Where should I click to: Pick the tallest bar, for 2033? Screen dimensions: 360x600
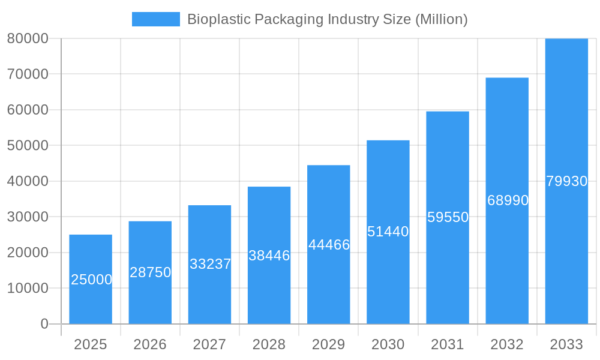tap(566, 120)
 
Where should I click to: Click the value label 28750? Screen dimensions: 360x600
tap(150, 272)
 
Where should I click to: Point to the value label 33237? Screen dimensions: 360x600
tap(210, 264)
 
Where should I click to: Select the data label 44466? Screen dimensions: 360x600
tap(329, 245)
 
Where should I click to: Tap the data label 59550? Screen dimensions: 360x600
tap(448, 217)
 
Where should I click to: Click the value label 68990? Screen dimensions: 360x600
tap(508, 200)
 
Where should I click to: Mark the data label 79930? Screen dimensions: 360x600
tap(566, 181)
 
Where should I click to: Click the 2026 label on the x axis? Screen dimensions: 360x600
tap(150, 344)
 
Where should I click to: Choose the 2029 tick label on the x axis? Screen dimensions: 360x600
tap(329, 344)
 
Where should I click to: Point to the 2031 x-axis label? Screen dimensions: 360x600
tap(448, 344)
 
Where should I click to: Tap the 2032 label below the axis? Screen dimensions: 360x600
tap(507, 344)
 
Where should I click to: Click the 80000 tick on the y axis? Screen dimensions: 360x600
tap(28, 38)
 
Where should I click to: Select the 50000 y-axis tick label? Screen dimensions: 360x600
tap(28, 145)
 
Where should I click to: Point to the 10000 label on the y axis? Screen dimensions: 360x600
tap(28, 288)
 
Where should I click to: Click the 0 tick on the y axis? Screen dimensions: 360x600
tap(44, 324)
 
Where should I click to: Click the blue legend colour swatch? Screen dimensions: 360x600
tap(156, 19)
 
